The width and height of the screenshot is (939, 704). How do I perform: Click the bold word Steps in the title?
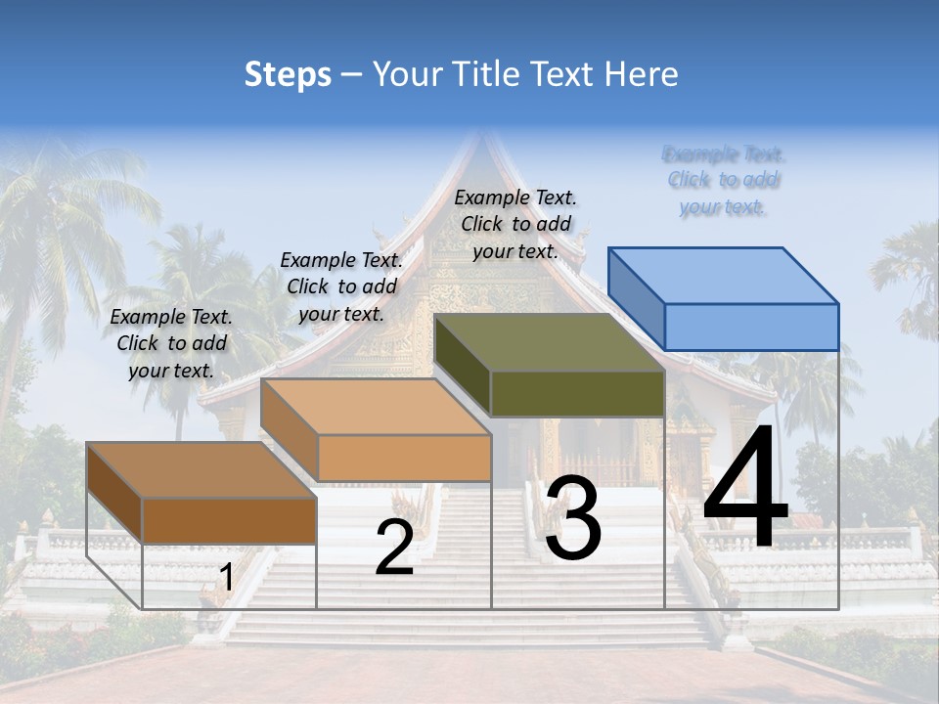point(288,74)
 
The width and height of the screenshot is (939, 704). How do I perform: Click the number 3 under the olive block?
point(573,520)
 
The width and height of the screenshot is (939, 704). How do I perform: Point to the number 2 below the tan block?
point(394,549)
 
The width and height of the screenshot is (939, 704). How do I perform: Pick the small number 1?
point(226,578)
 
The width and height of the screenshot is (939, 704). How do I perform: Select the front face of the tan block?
point(404,458)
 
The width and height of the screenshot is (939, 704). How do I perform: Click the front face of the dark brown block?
point(229,520)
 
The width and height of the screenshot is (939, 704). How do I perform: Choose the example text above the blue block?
point(724,180)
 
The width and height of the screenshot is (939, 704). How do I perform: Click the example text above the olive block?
point(515,224)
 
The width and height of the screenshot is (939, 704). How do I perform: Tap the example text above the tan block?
point(341,286)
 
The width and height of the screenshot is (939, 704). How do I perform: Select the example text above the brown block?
point(171,343)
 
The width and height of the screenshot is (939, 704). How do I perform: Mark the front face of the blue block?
point(751,327)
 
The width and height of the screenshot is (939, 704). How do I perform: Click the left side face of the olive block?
point(462,365)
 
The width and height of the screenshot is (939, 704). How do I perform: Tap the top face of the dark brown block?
point(201,469)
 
